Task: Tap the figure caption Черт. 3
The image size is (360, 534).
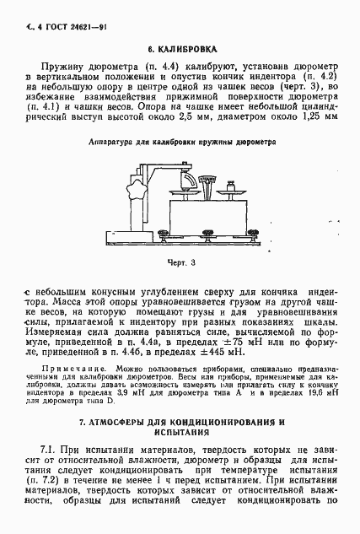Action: click(x=182, y=262)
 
